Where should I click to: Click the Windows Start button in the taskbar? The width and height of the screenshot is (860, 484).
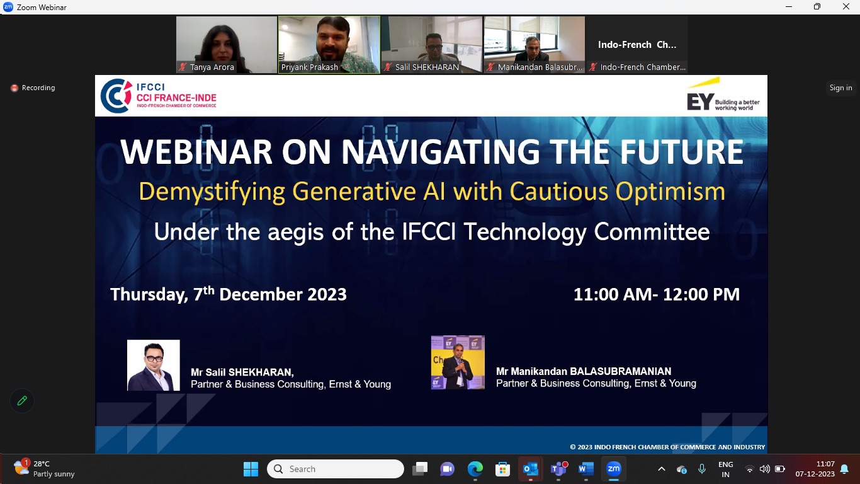coord(251,469)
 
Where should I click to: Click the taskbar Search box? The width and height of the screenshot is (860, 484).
coord(335,469)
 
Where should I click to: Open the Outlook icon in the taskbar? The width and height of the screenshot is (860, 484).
coord(530,469)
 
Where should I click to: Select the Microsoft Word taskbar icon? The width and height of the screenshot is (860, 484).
coord(586,469)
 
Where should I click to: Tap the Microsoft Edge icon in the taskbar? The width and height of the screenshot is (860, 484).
coord(475,469)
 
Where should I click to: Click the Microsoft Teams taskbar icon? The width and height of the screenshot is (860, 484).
coord(558,469)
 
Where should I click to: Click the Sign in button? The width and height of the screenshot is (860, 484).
coord(841,88)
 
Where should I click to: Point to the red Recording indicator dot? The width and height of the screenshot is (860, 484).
coord(14,88)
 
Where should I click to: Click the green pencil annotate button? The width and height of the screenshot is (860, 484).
coord(22,401)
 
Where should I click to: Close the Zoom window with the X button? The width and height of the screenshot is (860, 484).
coord(846,6)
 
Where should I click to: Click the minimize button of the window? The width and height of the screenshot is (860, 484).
coord(789,6)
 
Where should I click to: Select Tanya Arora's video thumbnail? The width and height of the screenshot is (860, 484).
coord(227,45)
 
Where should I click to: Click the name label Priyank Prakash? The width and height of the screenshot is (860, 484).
coord(310,67)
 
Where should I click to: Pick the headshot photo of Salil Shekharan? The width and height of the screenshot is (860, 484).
coord(154,366)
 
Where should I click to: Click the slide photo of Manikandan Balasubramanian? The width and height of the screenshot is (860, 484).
coord(458,362)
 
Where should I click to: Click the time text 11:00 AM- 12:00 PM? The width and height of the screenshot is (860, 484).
coord(657,294)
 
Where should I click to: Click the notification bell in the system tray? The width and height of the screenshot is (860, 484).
coord(844,469)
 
